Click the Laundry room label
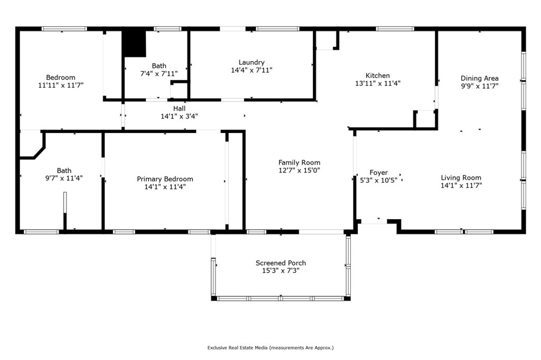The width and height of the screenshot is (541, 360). pos(251,62)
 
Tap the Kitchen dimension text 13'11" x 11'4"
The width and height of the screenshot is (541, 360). pos(378,83)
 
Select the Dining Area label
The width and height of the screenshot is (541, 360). pos(479,78)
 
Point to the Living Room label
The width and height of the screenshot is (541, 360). pos(461,177)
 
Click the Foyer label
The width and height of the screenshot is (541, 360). pos(378,173)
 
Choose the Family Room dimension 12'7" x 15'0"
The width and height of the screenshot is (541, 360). pos(299,170)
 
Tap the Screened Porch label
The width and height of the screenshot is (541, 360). pos(281,263)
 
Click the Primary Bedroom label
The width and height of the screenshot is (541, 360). pos(165,179)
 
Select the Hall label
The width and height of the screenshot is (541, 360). pos(180,109)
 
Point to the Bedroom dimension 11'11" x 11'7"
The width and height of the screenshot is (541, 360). pos(61,85)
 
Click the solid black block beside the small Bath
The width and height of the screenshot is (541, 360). pos(134,44)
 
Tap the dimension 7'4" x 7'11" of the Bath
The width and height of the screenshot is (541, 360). pos(158,73)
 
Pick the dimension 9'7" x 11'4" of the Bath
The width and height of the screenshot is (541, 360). pos(64,178)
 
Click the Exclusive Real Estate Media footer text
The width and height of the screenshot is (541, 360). pos(270,348)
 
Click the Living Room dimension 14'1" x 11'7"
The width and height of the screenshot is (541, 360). pos(461,185)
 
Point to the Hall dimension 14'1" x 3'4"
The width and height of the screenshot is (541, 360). pos(179,116)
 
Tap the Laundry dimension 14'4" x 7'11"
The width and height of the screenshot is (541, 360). pos(251,70)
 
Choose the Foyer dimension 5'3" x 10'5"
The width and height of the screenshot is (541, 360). pos(378,180)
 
